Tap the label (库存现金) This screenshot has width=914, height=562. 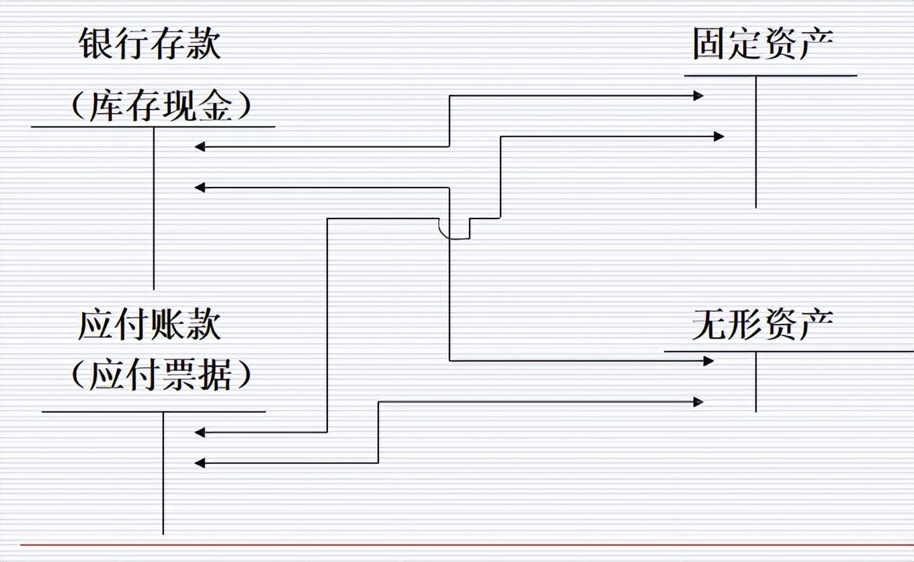[161, 106]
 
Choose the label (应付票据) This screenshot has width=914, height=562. [161, 374]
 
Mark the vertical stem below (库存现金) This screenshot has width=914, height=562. [154, 208]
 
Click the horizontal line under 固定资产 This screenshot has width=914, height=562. [770, 76]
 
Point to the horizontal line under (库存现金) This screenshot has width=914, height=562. [153, 126]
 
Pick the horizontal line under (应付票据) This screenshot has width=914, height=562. [153, 411]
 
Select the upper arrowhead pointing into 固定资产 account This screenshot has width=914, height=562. [699, 96]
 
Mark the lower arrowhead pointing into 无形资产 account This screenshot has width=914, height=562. [698, 402]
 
